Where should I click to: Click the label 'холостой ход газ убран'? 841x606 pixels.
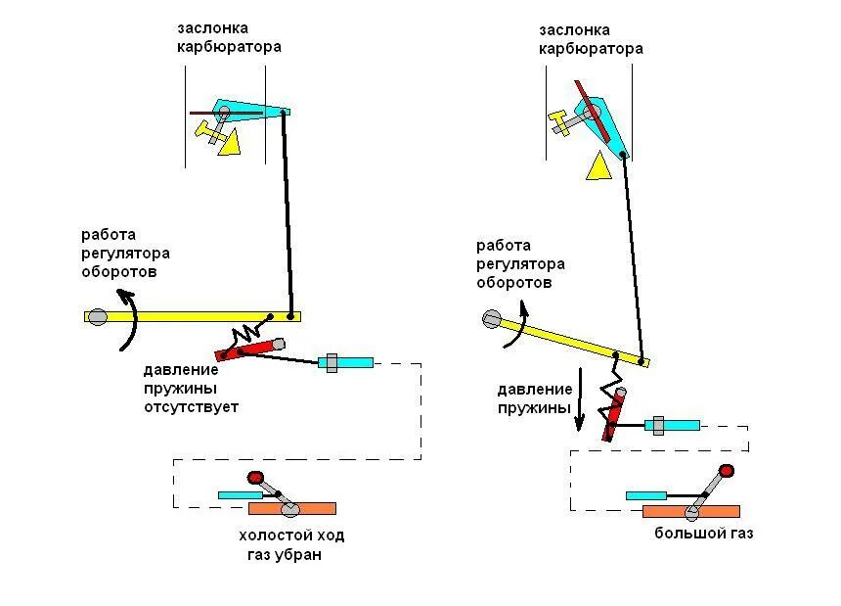[291, 545]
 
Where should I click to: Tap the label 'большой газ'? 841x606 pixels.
[704, 535]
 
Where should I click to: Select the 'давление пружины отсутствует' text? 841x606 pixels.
[192, 389]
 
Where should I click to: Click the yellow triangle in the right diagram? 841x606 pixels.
[598, 167]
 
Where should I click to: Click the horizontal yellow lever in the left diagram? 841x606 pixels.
[196, 316]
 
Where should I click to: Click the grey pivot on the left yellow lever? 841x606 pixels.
[97, 316]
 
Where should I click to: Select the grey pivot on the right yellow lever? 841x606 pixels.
[492, 318]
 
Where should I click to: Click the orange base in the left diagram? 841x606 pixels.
[292, 508]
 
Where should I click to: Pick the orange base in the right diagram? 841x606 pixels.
[690, 510]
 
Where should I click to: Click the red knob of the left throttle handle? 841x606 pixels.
[256, 478]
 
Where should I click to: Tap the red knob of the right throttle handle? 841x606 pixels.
[727, 471]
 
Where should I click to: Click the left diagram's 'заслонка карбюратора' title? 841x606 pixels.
[229, 37]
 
